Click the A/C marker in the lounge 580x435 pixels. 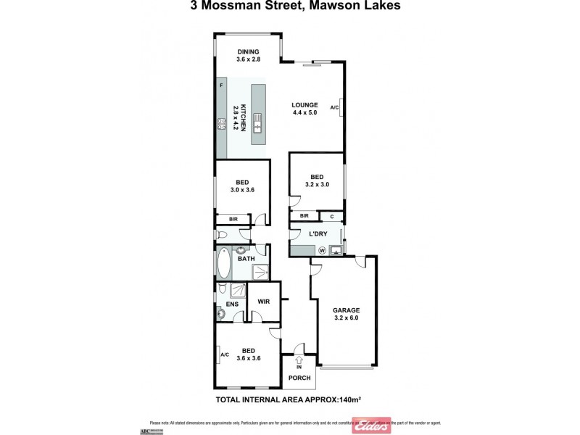(x=334, y=107)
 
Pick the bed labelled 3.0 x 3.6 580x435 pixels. (x=242, y=186)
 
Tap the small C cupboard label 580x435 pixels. (x=331, y=216)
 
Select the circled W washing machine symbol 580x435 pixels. (x=322, y=251)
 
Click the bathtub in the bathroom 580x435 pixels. (x=223, y=266)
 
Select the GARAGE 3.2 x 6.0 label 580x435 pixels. (x=346, y=313)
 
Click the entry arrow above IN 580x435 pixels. (x=299, y=359)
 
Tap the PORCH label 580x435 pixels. (x=299, y=378)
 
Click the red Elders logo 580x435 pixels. (x=371, y=426)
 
